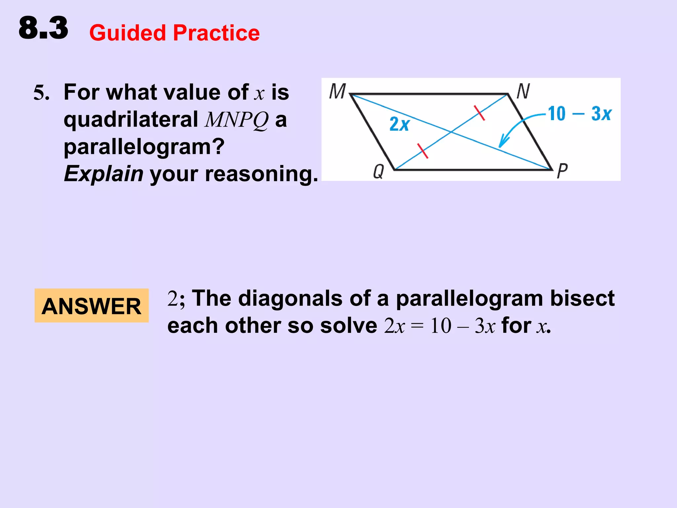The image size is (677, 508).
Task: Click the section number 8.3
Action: coord(43,28)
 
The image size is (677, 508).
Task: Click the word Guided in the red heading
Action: coord(128,33)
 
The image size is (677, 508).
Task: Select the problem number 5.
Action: coord(41,93)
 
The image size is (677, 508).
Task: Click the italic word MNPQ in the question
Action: coord(236,120)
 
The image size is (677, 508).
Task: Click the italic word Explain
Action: coord(103,174)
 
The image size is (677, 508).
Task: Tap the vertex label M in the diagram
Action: coord(337,91)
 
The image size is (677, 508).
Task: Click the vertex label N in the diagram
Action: coord(523,91)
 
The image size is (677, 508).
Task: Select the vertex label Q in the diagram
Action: coord(378,172)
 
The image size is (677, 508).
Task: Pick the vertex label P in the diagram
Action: coord(562,171)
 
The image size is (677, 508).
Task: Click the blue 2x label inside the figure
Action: coord(399,124)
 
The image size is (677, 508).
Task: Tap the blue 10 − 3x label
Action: coord(580,114)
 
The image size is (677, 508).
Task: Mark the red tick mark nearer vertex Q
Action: coord(422,151)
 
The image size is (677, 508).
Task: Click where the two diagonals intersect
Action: coord(452,132)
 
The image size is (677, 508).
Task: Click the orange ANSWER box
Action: coord(92,306)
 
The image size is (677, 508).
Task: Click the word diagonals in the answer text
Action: coord(290,298)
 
